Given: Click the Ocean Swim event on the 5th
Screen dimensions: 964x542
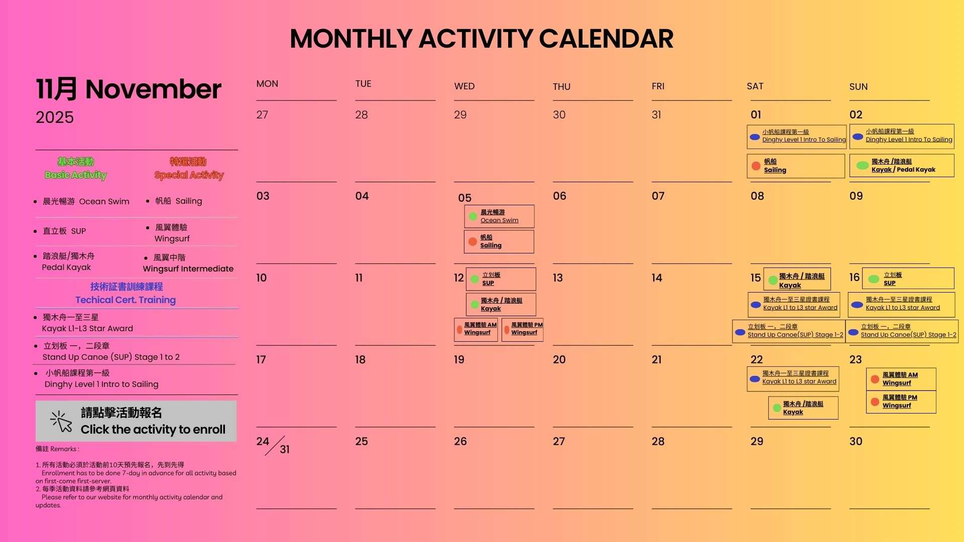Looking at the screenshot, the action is click(499, 216).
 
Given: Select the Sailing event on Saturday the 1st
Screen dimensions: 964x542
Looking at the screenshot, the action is click(796, 166).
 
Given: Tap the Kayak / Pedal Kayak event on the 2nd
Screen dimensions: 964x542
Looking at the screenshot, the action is click(902, 166).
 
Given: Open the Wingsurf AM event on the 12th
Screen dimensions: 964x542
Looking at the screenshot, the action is click(476, 330).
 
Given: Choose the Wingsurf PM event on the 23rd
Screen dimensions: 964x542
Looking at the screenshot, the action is click(901, 402).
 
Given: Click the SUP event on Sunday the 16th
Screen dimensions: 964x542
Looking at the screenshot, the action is click(908, 279).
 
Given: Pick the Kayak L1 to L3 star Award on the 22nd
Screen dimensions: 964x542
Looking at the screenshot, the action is click(793, 378).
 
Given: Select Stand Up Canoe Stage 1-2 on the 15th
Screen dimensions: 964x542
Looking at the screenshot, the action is click(789, 331).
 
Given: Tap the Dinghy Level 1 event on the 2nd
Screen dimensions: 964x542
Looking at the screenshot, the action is click(902, 137).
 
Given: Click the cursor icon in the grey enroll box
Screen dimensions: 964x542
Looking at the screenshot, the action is click(61, 422).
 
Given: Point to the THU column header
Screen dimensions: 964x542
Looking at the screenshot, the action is click(562, 87).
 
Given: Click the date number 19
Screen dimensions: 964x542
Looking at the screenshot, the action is click(459, 360).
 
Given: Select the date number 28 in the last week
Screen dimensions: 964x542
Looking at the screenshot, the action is click(658, 442).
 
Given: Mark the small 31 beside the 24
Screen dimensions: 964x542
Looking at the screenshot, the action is click(285, 450).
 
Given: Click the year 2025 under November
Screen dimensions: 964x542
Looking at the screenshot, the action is click(55, 117).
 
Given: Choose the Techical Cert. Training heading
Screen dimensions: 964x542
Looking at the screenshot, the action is click(126, 300).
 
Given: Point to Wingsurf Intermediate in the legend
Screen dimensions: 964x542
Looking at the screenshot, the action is click(188, 269).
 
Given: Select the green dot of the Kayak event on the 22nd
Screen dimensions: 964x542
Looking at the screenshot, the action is click(777, 408).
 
